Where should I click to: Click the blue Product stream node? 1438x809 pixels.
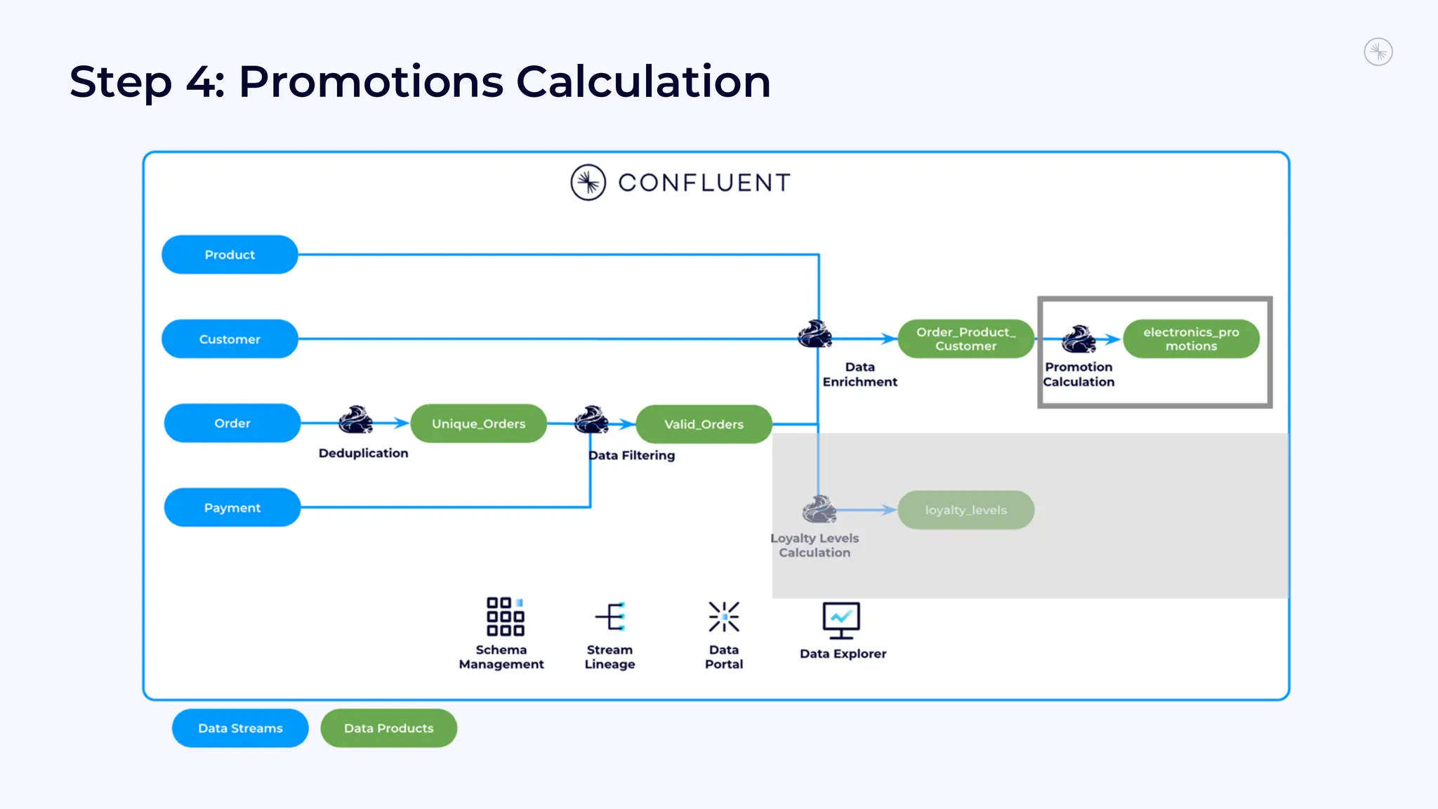click(230, 254)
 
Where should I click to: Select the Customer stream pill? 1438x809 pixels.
click(230, 338)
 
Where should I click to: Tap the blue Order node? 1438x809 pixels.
click(232, 423)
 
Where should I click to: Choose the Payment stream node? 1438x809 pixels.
click(232, 507)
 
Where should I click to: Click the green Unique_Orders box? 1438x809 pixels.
click(478, 423)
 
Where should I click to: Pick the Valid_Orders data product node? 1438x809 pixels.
click(704, 424)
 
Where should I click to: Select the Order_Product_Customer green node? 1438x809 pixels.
click(965, 338)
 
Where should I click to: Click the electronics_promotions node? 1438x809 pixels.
click(1191, 338)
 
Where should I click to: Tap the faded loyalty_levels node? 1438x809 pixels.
click(965, 510)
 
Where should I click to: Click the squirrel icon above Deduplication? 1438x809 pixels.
click(355, 420)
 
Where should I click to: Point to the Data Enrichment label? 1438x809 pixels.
click(859, 374)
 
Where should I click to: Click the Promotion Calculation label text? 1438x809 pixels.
click(1078, 374)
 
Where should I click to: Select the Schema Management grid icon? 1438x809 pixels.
click(505, 617)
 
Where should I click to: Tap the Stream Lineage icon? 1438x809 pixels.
click(610, 617)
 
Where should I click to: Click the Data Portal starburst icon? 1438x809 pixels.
click(724, 617)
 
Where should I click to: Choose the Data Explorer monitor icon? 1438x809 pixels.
click(841, 620)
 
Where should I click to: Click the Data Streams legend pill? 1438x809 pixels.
click(240, 728)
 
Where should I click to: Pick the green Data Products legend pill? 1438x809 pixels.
click(389, 728)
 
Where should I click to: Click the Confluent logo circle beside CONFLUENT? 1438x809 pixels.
click(588, 183)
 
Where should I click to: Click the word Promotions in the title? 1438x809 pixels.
click(371, 81)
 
